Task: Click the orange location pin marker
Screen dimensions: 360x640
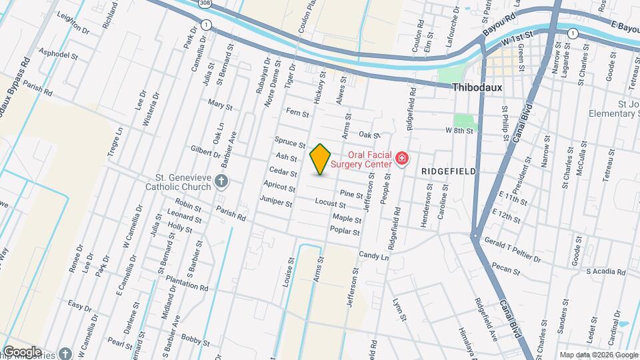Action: (x=320, y=159)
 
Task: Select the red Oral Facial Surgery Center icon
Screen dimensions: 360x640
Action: (x=401, y=159)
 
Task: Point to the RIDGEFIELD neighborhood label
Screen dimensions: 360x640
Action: (x=449, y=171)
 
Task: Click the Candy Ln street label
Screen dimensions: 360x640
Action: (x=373, y=255)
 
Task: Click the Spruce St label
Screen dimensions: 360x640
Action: (x=289, y=142)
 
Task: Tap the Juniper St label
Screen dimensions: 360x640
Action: (x=277, y=202)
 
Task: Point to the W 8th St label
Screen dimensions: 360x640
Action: (x=459, y=131)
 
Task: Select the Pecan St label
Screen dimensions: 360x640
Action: (x=507, y=269)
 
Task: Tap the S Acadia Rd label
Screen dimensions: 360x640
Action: (x=606, y=272)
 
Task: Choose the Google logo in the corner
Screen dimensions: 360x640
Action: (x=22, y=351)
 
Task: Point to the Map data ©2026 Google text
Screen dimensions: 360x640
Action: (x=597, y=355)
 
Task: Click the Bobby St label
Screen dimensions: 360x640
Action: (x=195, y=341)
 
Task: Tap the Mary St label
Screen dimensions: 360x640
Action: (x=220, y=105)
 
